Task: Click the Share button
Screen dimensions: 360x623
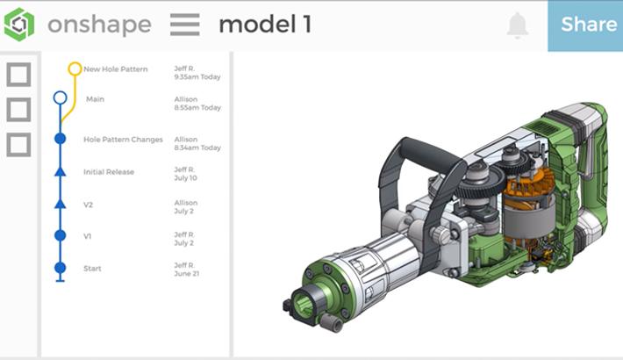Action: [588, 25]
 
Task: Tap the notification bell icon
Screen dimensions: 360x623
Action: [518, 25]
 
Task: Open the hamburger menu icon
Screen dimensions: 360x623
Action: [184, 25]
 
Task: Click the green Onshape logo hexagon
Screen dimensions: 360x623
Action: [19, 25]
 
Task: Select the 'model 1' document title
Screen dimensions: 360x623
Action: [264, 25]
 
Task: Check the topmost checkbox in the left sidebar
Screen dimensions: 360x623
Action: [18, 75]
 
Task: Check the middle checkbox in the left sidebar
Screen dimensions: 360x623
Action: [18, 110]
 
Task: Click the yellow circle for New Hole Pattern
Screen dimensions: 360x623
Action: [75, 68]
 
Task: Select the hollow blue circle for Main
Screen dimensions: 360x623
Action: [60, 98]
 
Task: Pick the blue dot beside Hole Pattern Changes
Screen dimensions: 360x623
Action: [60, 139]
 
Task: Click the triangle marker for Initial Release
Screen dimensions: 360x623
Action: [60, 172]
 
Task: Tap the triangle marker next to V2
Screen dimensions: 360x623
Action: [60, 204]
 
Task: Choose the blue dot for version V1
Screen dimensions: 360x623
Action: [60, 235]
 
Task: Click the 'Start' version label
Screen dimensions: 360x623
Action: [92, 269]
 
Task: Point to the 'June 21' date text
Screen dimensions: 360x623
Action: [186, 274]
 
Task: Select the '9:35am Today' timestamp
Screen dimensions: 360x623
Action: [197, 76]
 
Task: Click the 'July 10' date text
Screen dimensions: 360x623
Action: [185, 177]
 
